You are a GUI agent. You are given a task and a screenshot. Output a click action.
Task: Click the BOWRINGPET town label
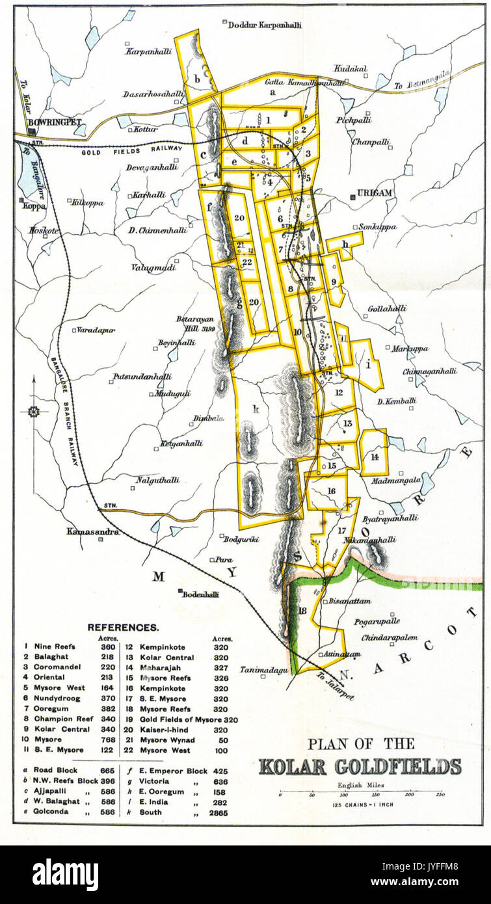pyautogui.click(x=49, y=122)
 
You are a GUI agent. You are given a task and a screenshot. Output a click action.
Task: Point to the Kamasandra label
pyautogui.click(x=93, y=532)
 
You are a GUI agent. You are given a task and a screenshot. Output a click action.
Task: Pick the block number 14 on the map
pyautogui.click(x=375, y=457)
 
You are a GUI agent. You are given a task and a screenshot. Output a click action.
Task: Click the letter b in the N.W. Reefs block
pyautogui.click(x=196, y=79)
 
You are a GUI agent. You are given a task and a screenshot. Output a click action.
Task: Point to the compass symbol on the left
pyautogui.click(x=33, y=412)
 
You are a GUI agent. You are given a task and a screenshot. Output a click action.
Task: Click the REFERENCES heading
pyautogui.click(x=123, y=628)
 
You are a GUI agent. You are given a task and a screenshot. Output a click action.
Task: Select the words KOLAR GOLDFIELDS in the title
pyautogui.click(x=360, y=766)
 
